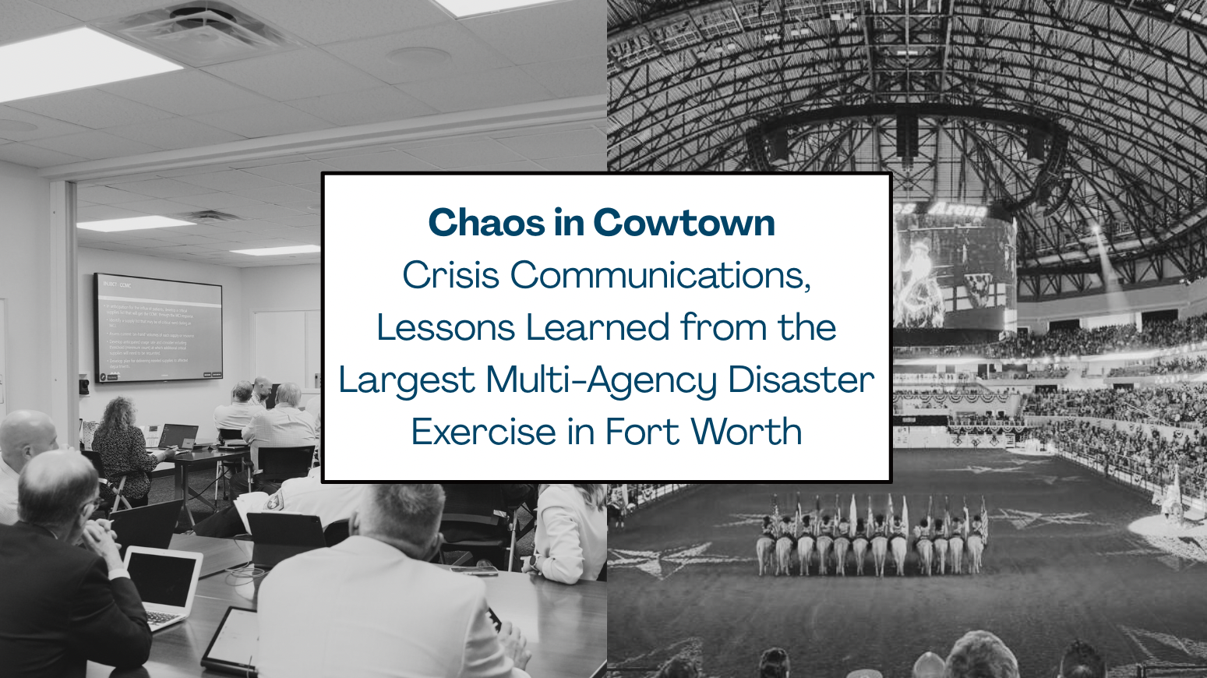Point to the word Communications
point(661,275)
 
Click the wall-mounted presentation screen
point(158,327)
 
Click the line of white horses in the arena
point(869,546)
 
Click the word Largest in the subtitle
point(406,380)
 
